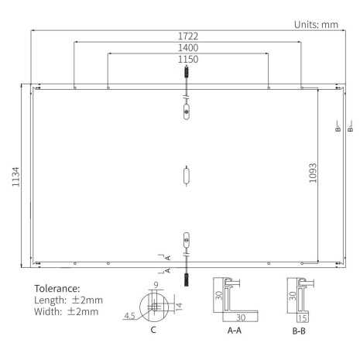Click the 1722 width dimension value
coord(187,36)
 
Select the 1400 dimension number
coord(187,47)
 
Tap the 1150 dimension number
coord(187,59)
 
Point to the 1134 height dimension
coord(14,175)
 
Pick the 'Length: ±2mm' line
coord(69,300)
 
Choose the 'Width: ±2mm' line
coord(67,311)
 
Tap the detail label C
coord(153,331)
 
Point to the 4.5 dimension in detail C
coord(129,315)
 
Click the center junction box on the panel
coord(186,175)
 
